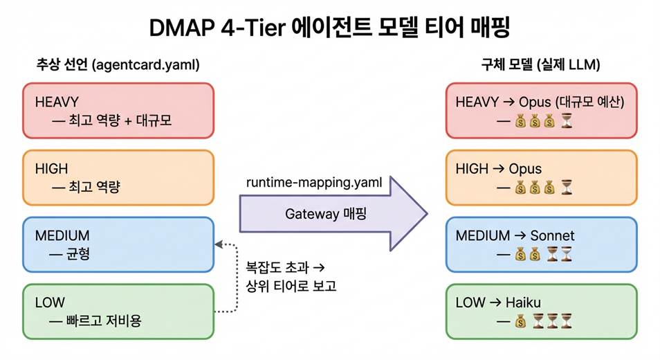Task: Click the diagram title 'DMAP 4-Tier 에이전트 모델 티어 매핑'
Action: point(329,28)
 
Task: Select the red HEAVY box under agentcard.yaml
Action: point(118,111)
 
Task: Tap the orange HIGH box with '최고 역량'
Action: point(118,178)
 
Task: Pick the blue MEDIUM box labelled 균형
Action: point(118,244)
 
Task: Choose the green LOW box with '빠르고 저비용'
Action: point(118,311)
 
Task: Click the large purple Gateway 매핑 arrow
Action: point(332,214)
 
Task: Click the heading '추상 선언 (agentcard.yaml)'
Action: point(118,65)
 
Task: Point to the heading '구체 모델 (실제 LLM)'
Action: point(540,65)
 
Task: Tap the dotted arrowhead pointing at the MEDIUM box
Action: point(219,244)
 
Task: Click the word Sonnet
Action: point(552,235)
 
